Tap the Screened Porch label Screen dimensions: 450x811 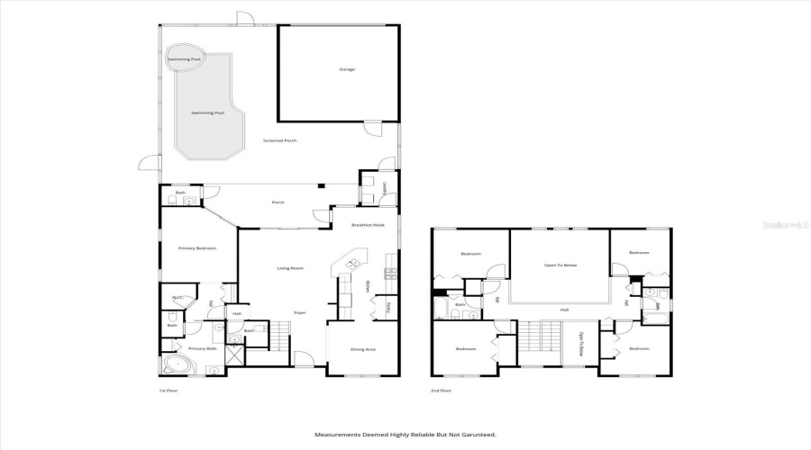[x=279, y=141]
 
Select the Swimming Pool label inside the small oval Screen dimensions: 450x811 [x=185, y=58]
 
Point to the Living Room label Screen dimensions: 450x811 [x=289, y=268]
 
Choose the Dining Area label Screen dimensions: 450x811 [x=362, y=349]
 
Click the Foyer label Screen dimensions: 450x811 [x=300, y=312]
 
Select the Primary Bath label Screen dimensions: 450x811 [x=202, y=348]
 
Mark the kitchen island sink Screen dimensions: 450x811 [x=352, y=263]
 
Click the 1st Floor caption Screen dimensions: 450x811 [x=169, y=391]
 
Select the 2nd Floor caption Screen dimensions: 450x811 [x=442, y=391]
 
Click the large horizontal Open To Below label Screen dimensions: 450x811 [x=560, y=265]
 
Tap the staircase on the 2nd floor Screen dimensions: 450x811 [x=540, y=344]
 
